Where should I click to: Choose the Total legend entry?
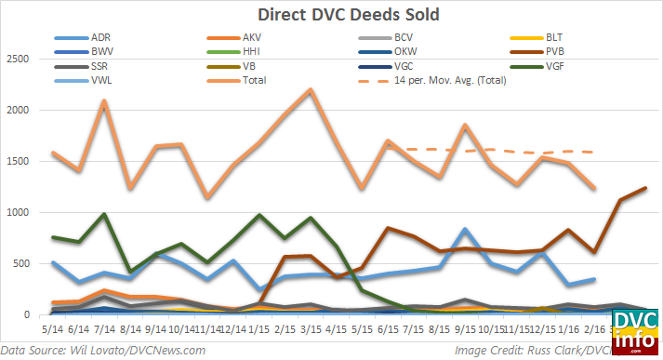coord(251,80)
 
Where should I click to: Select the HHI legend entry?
coord(250,51)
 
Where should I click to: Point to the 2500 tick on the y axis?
coord(19,60)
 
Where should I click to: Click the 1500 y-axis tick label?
coord(19,162)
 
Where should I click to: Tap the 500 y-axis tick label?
coord(21,264)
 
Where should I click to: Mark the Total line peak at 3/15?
coord(311,89)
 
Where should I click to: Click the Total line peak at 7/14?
coord(105,100)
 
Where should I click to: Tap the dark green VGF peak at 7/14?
coord(105,214)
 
